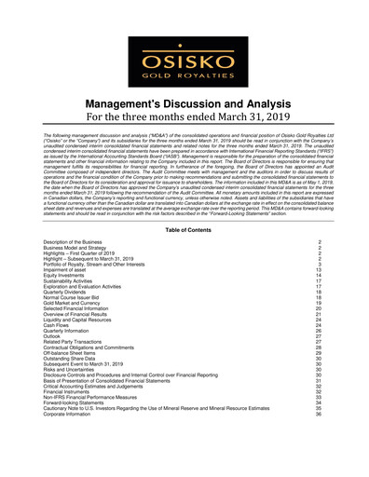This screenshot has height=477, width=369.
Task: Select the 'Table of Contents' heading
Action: click(184, 228)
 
